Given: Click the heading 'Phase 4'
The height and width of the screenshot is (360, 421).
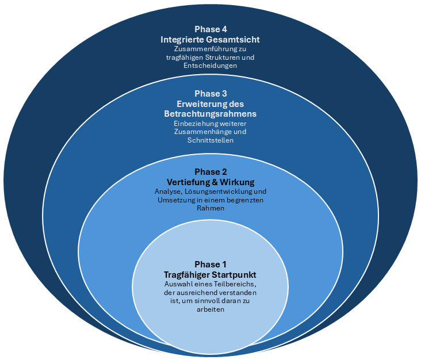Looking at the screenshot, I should (210, 29).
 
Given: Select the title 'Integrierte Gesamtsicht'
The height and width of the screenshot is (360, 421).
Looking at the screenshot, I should (210, 40).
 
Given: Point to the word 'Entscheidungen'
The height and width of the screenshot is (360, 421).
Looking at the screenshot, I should (210, 66).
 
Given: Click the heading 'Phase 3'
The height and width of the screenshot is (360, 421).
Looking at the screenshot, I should (210, 94).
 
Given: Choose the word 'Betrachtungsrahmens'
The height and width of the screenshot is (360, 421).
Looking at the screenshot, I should (210, 114).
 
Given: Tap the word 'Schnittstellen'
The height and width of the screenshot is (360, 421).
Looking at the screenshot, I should (210, 140).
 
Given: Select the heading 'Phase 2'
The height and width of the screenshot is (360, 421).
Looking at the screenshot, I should (210, 171).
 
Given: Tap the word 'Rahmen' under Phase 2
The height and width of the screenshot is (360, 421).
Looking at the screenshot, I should (210, 208).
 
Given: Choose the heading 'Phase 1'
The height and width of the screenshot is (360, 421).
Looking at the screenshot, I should (210, 264).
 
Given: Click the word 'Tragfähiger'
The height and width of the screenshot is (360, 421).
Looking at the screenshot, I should (187, 274).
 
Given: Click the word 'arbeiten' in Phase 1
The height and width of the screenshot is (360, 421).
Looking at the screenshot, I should (210, 309).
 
